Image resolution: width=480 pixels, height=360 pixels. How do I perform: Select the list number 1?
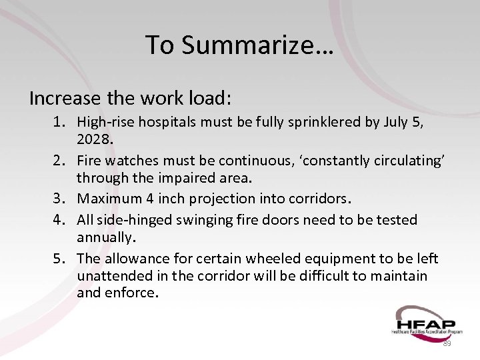pos(59,122)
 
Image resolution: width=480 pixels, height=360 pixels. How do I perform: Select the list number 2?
pos(59,160)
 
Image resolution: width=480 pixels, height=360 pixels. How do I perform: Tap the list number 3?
pos(59,198)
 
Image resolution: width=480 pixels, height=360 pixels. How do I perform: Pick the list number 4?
pos(59,219)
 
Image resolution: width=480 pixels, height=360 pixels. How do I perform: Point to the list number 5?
pos(59,257)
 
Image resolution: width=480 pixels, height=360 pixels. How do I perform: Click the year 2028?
pos(95,140)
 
